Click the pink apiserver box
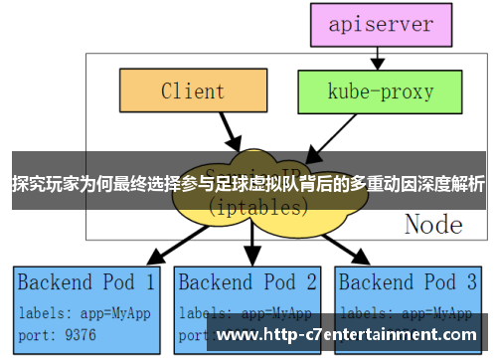coord(382,24)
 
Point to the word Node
coord(433,225)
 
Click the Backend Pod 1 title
coord(85,281)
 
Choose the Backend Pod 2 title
coord(248,281)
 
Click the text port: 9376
coord(58,334)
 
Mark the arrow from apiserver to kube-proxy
coord(382,58)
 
